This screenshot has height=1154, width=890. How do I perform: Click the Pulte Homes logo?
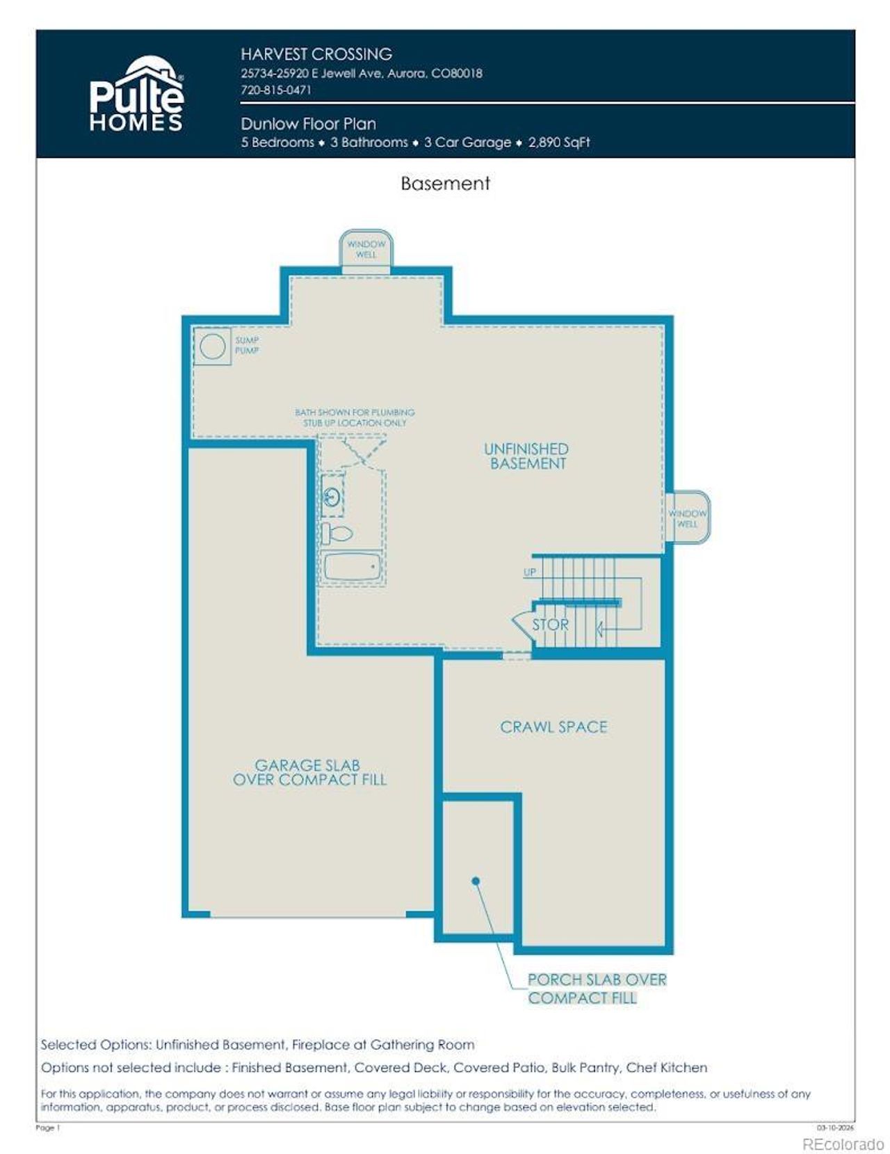[x=136, y=95]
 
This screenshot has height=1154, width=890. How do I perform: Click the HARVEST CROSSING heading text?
[x=316, y=54]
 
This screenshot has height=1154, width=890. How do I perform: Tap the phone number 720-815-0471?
[x=276, y=90]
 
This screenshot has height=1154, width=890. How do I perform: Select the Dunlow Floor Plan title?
[x=308, y=124]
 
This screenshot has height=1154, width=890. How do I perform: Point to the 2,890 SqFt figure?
[x=558, y=143]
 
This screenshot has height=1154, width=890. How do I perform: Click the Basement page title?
[x=445, y=184]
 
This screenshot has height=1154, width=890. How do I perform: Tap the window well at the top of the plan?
[x=366, y=249]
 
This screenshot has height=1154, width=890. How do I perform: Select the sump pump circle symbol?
[x=212, y=346]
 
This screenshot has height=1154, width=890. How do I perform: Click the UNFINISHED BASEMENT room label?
[x=526, y=456]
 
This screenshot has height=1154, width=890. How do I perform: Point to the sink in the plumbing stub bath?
[x=332, y=497]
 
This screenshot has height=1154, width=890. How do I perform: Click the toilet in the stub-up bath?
[x=337, y=534]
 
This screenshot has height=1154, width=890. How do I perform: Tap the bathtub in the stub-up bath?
[x=352, y=566]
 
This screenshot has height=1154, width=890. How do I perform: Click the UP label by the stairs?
[x=530, y=572]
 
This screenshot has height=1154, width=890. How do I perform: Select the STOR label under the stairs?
[x=550, y=625]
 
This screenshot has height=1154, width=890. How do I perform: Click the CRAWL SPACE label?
[x=553, y=727]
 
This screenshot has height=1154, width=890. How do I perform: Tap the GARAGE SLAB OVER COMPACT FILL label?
[x=309, y=772]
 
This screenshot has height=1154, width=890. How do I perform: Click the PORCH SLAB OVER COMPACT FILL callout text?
[x=597, y=988]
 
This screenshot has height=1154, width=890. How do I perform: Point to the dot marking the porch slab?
[x=476, y=881]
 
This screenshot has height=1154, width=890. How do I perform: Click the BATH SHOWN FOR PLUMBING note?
[x=355, y=417]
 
